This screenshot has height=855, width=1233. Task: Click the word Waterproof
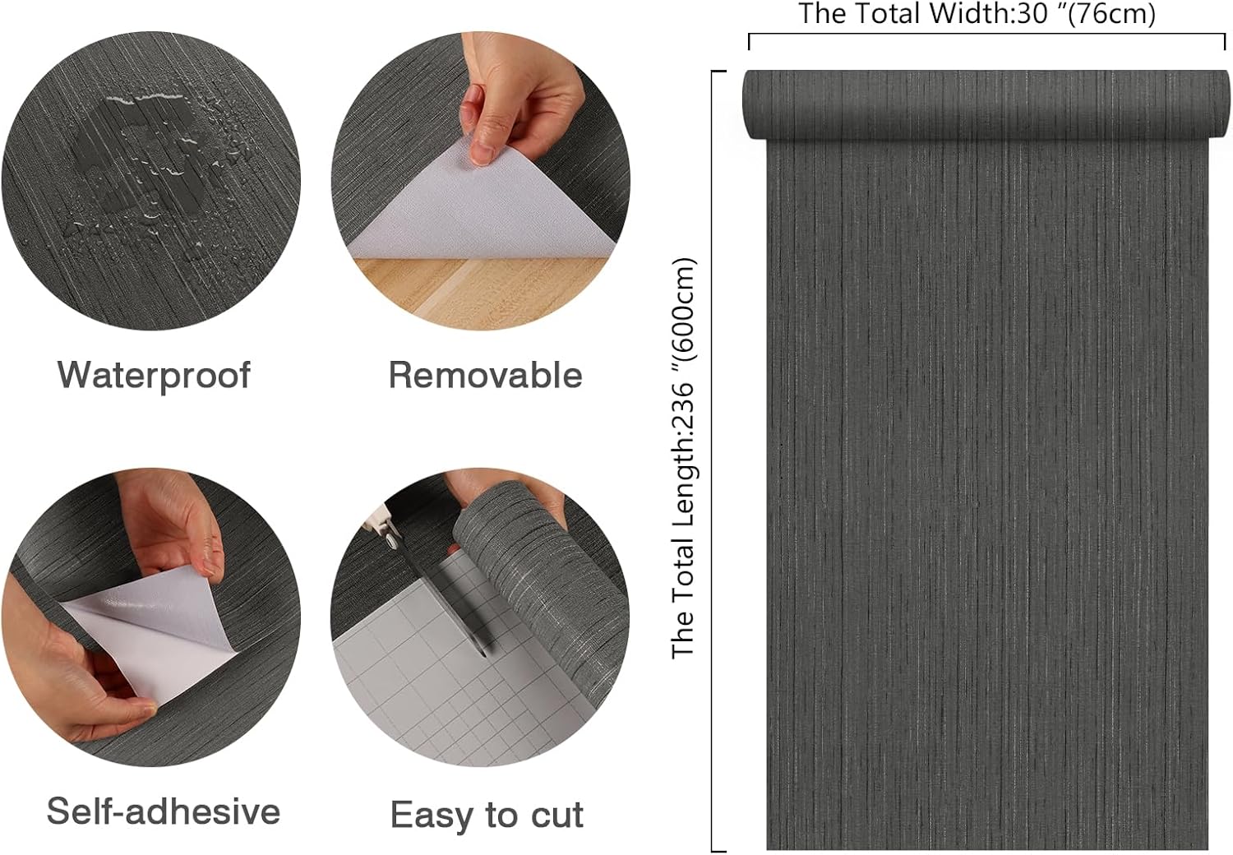[154, 375]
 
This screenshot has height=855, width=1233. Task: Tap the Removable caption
[485, 375]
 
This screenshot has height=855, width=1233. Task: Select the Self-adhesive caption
[164, 811]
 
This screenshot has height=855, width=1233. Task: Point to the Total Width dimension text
[977, 14]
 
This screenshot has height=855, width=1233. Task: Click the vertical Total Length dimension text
[684, 459]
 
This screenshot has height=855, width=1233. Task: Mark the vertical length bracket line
[712, 460]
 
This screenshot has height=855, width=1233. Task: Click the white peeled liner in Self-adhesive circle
[156, 633]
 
